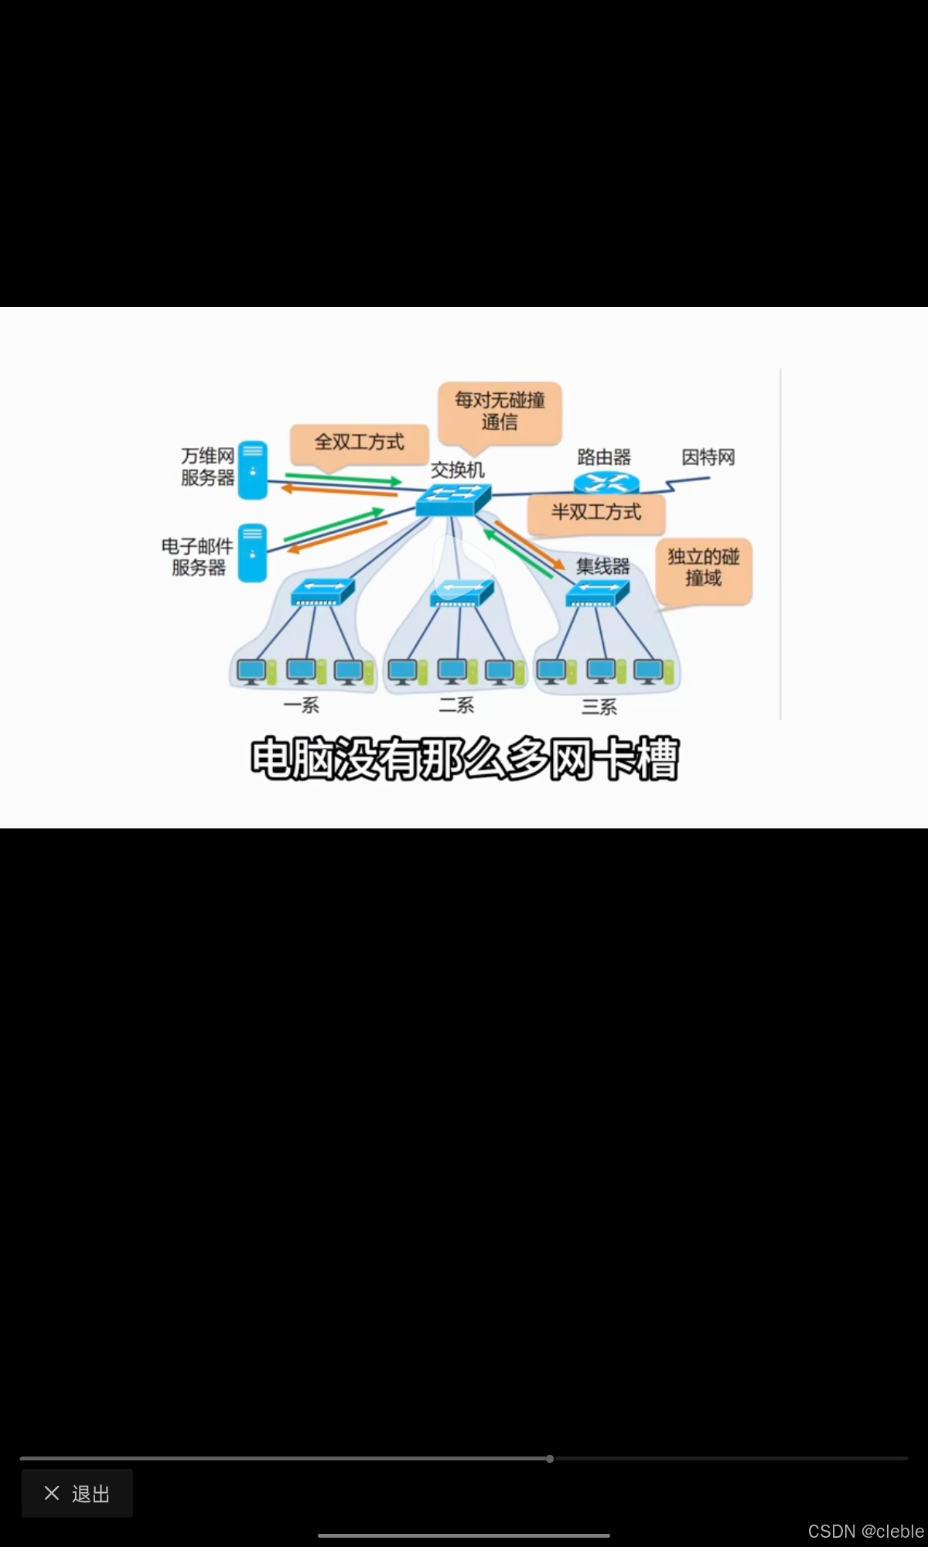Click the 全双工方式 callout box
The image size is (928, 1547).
tap(359, 442)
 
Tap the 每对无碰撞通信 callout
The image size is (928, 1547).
tap(500, 412)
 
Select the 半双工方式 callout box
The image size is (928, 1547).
tap(595, 513)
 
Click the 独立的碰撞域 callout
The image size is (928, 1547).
tap(703, 568)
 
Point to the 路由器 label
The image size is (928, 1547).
tap(604, 457)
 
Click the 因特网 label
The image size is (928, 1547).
tap(708, 457)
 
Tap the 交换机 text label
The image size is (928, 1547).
tap(457, 470)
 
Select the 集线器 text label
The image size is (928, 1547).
tap(602, 565)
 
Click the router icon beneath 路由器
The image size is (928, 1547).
tap(606, 483)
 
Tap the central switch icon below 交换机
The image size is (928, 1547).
tap(453, 500)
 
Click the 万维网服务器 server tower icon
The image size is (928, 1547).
tap(253, 470)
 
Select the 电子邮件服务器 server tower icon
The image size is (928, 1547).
tap(252, 553)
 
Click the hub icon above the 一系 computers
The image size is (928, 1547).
tap(322, 593)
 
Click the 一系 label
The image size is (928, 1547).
tap(301, 705)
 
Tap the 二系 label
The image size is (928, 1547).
tap(456, 705)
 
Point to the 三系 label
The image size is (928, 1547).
tap(599, 707)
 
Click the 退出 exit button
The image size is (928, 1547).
tap(77, 1493)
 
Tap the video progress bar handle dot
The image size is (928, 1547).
tap(550, 1459)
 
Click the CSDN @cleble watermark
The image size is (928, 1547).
tap(865, 1532)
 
